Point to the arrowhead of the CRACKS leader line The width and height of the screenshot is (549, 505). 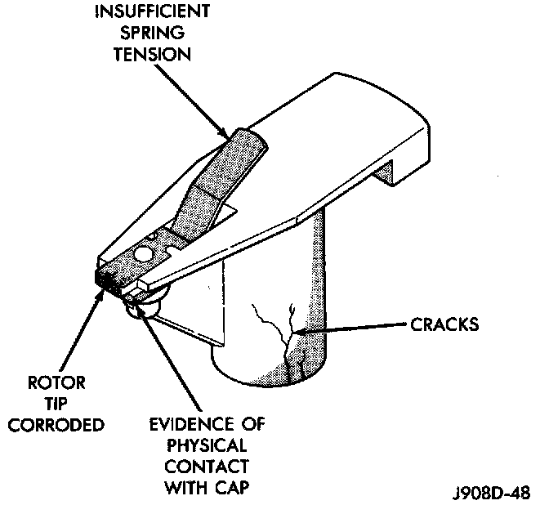[x=301, y=329]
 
